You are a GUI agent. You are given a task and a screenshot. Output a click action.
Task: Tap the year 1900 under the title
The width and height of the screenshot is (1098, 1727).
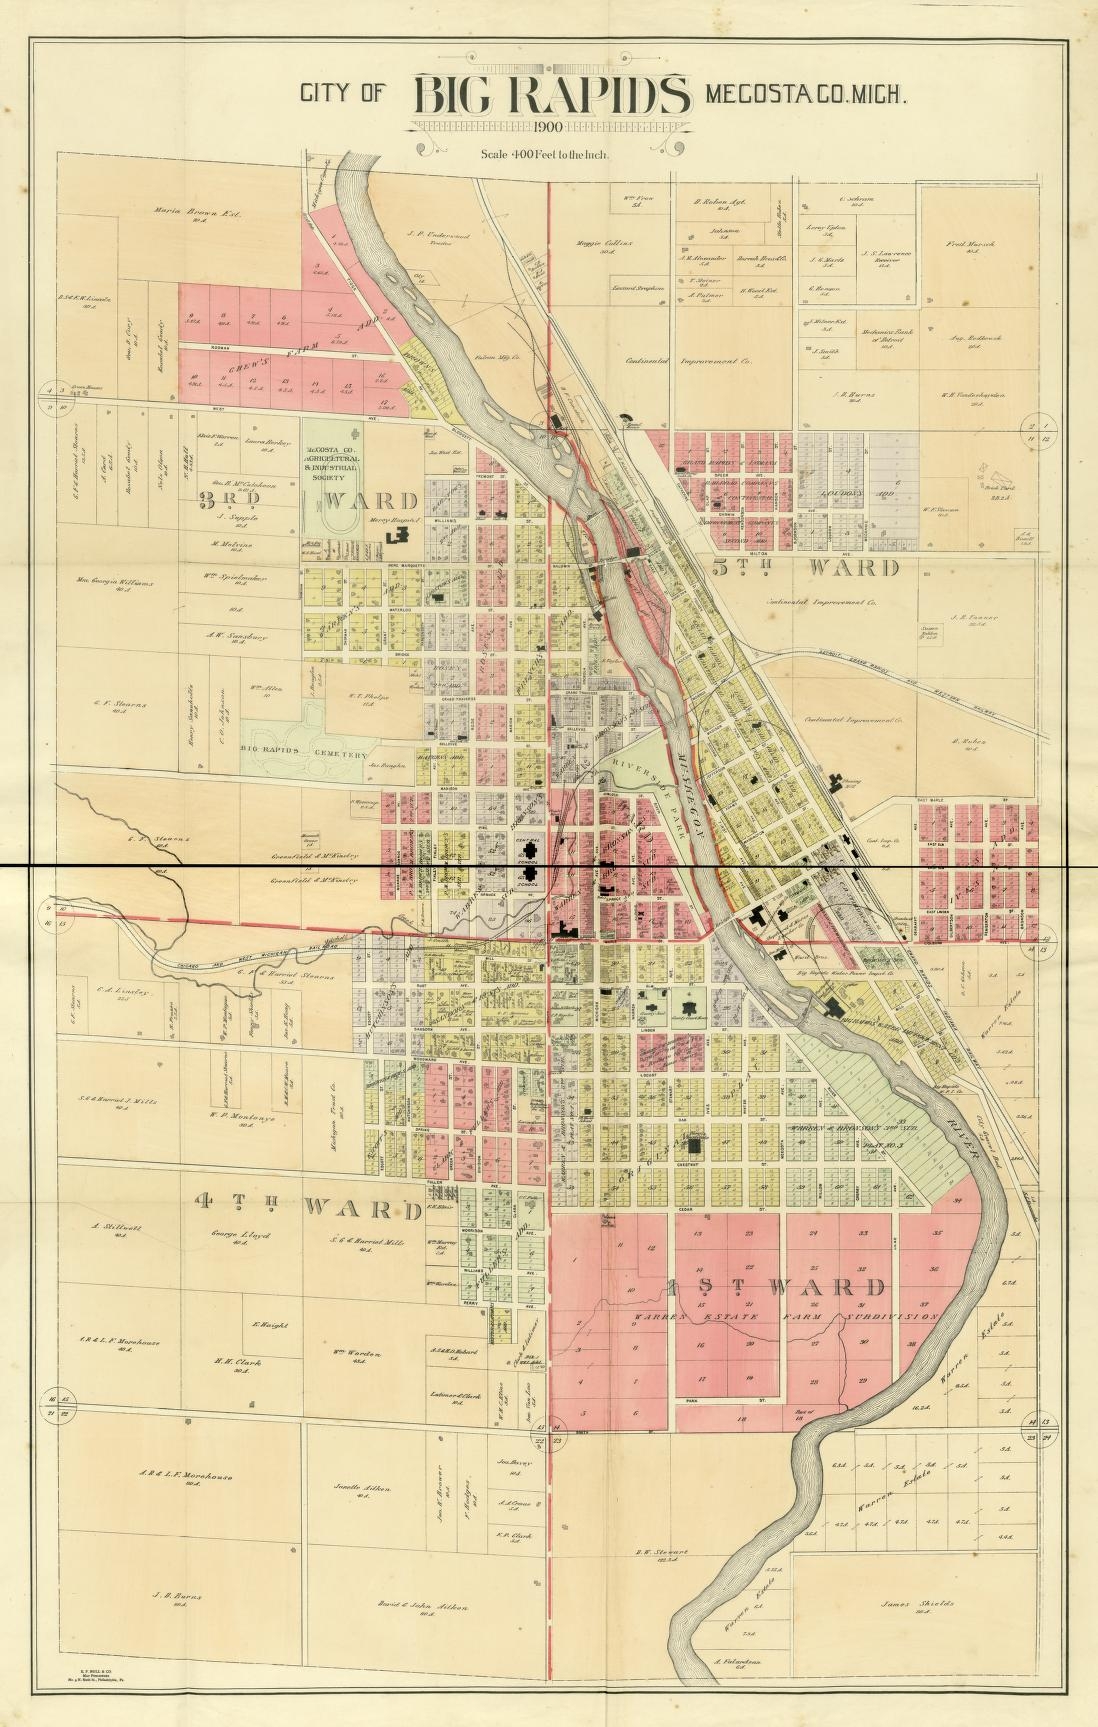point(549,127)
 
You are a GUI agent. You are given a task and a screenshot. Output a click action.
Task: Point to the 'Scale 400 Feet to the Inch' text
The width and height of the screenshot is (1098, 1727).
point(545,154)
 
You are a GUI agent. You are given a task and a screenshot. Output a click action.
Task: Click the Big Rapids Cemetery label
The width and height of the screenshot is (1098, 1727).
point(306,756)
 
